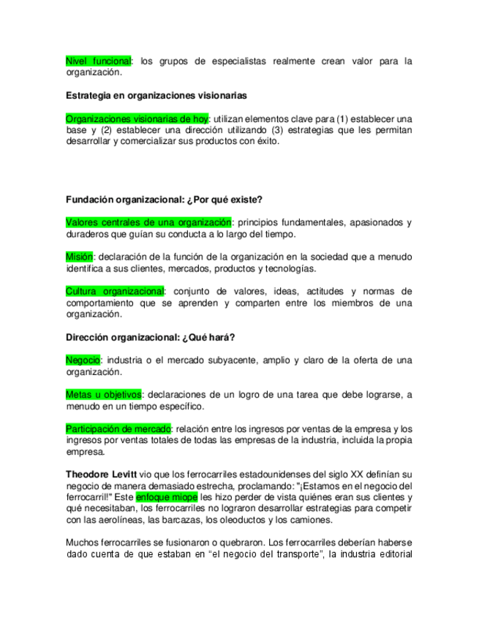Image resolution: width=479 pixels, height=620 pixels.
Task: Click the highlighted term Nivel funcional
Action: pos(98,61)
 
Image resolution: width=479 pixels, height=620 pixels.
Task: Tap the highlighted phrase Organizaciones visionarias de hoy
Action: pos(137,118)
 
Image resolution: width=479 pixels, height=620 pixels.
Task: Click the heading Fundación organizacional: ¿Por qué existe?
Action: pos(164,199)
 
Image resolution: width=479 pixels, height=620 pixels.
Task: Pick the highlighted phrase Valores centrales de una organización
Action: pos(148,222)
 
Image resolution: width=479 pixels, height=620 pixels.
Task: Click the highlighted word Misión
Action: pos(80,257)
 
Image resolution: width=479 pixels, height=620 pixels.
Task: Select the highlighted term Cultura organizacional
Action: pos(116,291)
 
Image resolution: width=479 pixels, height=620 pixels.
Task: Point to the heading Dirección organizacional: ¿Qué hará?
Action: pos(150,337)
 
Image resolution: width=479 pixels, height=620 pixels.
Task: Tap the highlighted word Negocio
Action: pos(83,360)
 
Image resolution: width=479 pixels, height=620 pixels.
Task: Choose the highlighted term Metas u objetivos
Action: pos(103,395)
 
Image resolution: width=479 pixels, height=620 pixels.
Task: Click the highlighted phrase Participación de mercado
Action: pos(118,428)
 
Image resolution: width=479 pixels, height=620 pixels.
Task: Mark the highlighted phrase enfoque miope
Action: pos(167,496)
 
